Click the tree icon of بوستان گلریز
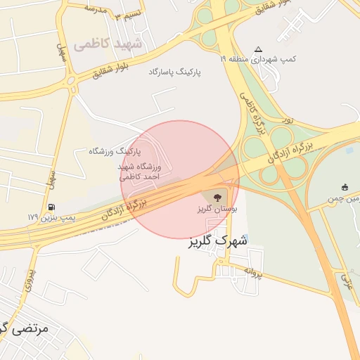(x=215, y=196)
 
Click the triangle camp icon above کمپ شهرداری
(x=258, y=49)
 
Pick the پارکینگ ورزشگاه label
(x=115, y=151)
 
